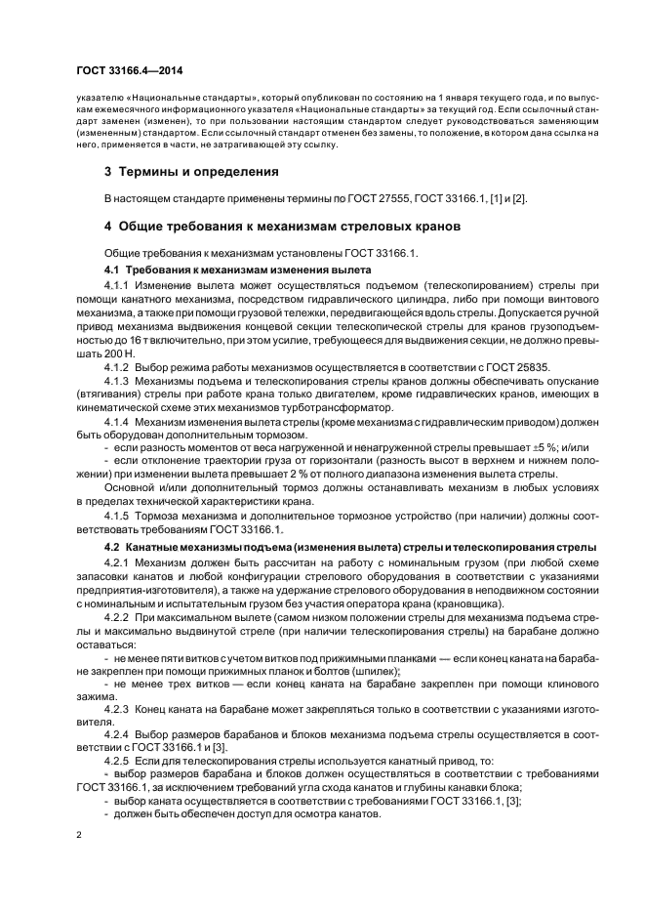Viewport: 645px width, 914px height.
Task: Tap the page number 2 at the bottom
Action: coord(79,835)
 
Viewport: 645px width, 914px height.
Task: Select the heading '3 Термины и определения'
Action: coord(191,172)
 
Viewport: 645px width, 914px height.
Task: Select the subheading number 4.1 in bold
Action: coord(112,268)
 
